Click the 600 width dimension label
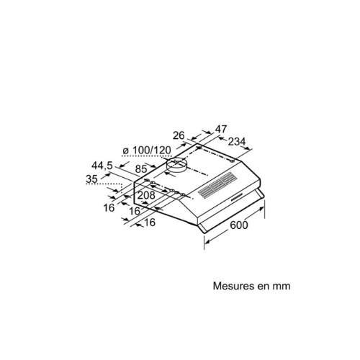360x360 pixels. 239,225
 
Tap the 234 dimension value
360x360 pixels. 237,142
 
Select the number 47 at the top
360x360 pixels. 220,129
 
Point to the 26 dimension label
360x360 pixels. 179,135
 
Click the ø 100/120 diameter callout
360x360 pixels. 147,150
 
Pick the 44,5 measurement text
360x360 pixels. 102,166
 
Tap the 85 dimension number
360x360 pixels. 141,169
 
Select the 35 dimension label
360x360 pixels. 91,179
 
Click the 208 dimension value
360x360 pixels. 146,195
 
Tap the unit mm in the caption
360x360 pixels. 282,287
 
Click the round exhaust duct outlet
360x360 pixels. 176,165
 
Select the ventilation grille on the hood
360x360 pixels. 217,186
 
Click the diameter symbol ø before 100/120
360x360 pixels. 125,151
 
